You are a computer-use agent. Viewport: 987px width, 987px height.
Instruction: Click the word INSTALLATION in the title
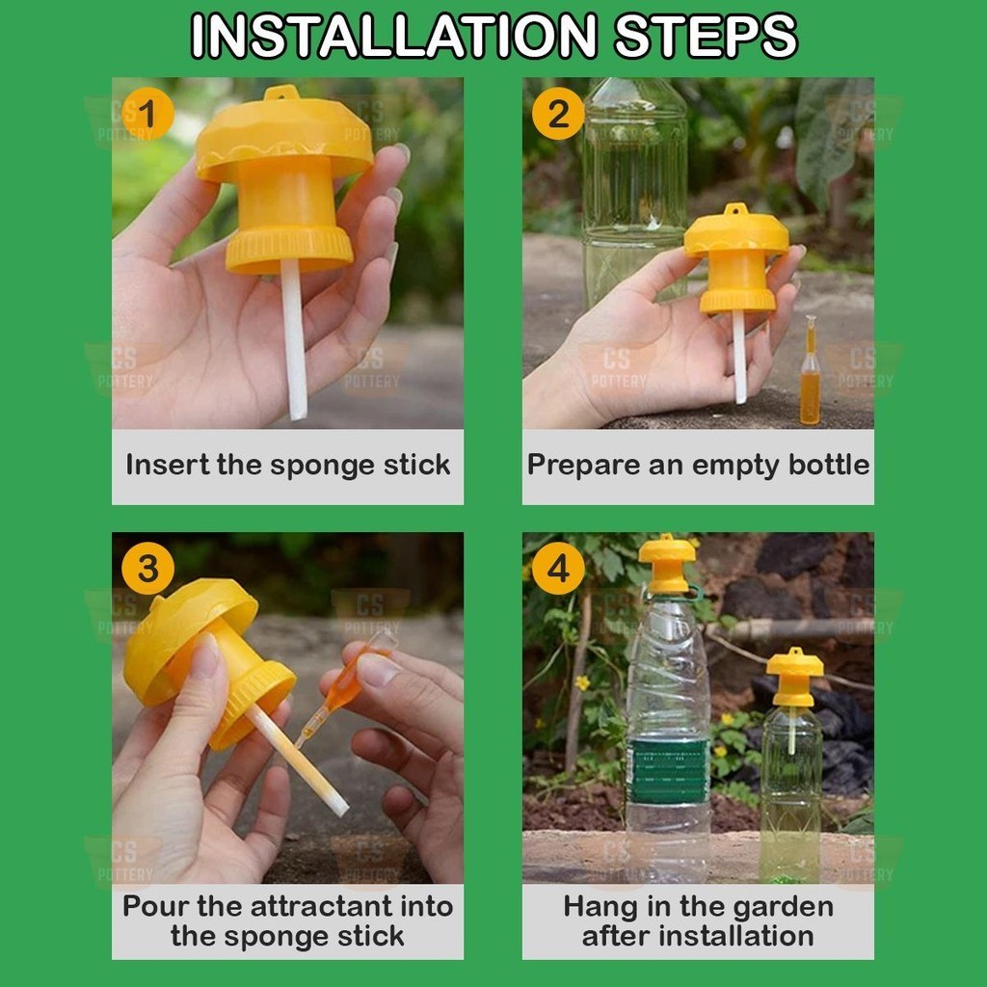coord(394,36)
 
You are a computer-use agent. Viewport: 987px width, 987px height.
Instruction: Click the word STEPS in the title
coord(706,36)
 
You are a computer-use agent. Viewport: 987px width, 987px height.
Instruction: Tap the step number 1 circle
coord(147,114)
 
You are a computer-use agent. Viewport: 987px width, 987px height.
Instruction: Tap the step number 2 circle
coord(558,114)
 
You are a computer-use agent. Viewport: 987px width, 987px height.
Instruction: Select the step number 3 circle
coord(147,569)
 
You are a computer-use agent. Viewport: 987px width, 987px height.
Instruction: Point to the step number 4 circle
coord(558,569)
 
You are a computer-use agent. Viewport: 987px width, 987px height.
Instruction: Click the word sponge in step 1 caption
coord(322,467)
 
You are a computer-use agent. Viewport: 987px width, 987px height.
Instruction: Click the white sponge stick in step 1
coord(293,340)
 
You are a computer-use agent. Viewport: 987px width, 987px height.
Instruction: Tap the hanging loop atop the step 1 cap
coord(281,93)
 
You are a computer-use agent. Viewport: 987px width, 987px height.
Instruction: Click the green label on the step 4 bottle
coord(669,771)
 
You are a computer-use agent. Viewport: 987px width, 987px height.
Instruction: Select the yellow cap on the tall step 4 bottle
coord(667,564)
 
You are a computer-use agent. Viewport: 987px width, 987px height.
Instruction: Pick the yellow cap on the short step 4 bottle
coord(794,677)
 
